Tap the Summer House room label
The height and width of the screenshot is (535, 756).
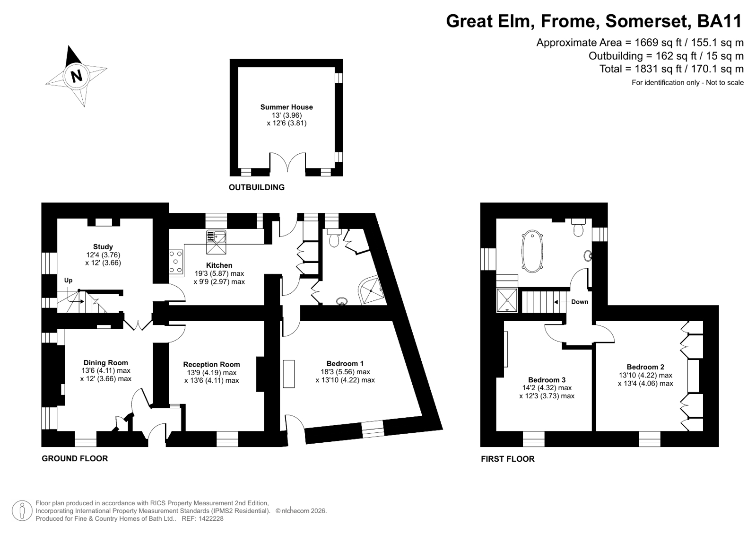tap(287, 107)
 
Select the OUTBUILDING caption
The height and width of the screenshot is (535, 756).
tap(257, 187)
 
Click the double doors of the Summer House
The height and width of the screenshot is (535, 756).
tap(287, 162)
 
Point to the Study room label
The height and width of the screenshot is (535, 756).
tap(103, 247)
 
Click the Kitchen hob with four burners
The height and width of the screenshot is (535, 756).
tap(176, 262)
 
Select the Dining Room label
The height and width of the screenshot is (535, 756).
tap(105, 363)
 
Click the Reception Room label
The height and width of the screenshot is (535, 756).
tap(212, 364)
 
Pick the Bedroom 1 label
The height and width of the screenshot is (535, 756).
tap(345, 364)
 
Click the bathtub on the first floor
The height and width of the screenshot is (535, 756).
tap(532, 251)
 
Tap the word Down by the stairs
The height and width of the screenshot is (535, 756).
tap(580, 302)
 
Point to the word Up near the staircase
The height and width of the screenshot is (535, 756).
tap(68, 281)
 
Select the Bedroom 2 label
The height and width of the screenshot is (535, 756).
tap(645, 367)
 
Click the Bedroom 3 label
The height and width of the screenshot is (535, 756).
tap(547, 380)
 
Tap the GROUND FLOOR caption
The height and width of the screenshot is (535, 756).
tap(75, 459)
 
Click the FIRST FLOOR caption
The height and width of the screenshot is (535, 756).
tap(508, 459)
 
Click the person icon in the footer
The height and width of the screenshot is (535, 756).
tap(22, 511)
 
